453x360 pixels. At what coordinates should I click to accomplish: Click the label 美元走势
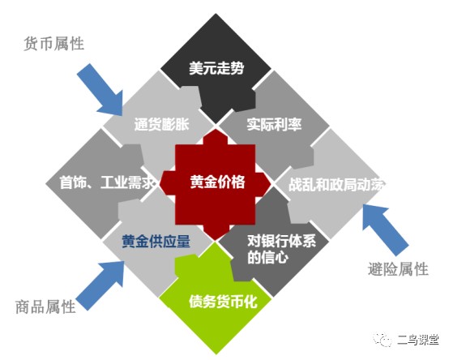(x=216, y=68)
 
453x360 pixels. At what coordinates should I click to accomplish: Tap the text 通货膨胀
(x=162, y=124)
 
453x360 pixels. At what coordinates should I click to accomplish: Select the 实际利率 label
(x=274, y=124)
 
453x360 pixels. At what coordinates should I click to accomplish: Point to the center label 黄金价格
(x=217, y=182)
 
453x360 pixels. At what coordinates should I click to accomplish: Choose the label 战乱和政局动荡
(x=337, y=184)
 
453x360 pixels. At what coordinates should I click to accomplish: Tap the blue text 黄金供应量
(x=156, y=241)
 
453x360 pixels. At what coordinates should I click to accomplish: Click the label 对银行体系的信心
(x=281, y=249)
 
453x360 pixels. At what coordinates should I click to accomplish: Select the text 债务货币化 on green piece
(x=223, y=302)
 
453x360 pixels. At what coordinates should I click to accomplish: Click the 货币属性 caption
(x=53, y=44)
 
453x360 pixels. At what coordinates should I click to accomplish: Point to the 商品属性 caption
(x=45, y=306)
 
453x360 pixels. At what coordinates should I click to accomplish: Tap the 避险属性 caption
(x=398, y=269)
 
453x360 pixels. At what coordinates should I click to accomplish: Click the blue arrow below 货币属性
(x=101, y=90)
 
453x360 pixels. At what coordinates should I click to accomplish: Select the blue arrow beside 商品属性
(x=100, y=285)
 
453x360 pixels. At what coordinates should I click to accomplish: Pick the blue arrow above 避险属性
(x=385, y=229)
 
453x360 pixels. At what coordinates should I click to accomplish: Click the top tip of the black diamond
(x=216, y=13)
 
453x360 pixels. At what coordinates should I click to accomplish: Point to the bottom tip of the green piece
(x=216, y=355)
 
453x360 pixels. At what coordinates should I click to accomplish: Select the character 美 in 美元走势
(x=195, y=68)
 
